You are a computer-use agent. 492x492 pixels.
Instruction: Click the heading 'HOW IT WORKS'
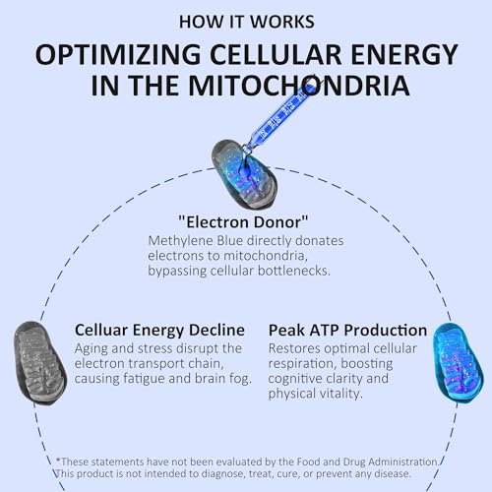click(x=247, y=22)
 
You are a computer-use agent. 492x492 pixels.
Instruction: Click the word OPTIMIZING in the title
click(x=118, y=54)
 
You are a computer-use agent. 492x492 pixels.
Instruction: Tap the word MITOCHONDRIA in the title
click(x=299, y=86)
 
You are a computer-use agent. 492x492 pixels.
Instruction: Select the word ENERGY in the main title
click(x=404, y=54)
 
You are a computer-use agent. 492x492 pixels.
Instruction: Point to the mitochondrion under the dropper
click(x=244, y=174)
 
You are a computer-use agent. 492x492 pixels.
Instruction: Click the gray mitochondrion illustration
click(x=40, y=363)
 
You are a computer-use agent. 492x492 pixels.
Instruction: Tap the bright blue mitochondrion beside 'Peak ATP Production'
click(x=458, y=363)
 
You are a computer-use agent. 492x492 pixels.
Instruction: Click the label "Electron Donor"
click(x=243, y=222)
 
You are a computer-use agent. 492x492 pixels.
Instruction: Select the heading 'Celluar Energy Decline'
click(x=159, y=330)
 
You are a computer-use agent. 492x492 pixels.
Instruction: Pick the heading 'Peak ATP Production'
click(x=347, y=330)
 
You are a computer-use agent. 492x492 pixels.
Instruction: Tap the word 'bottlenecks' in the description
click(x=294, y=271)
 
